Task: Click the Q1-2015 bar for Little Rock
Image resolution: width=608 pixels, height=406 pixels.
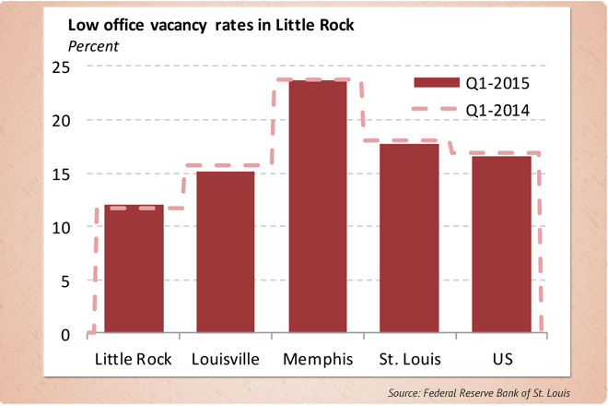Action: [134, 269]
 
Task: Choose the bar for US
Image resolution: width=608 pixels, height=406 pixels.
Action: [502, 245]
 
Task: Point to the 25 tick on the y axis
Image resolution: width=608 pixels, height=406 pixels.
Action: [60, 66]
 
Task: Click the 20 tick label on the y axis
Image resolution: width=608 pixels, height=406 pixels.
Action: [60, 120]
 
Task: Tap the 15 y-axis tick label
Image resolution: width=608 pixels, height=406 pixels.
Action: [60, 173]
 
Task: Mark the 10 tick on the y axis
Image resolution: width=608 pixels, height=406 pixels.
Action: [60, 227]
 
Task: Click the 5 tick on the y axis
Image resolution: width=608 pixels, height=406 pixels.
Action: [64, 281]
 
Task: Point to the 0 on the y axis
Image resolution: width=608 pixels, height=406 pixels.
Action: [64, 334]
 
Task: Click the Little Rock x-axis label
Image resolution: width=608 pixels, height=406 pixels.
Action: [134, 358]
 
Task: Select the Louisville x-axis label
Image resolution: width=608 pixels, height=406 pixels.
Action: [226, 358]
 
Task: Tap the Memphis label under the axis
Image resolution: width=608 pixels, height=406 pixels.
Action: [318, 358]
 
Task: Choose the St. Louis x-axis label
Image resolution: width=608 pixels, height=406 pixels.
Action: [410, 358]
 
